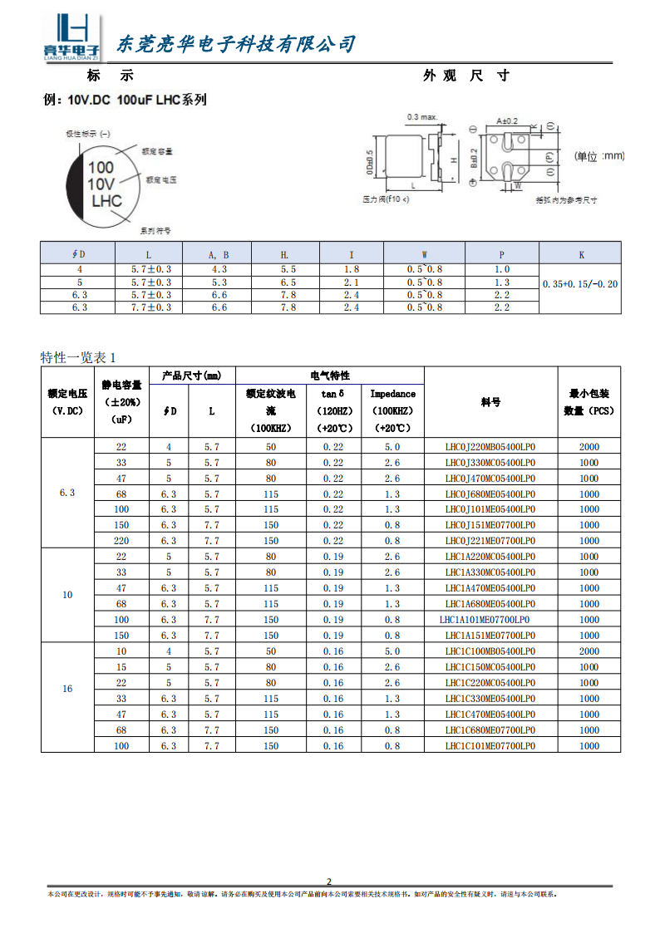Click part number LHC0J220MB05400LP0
(x=490, y=446)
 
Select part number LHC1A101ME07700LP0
(x=485, y=620)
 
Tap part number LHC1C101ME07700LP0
(x=490, y=746)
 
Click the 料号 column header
(x=490, y=402)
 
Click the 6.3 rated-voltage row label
(x=67, y=493)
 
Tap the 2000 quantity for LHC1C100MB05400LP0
(x=589, y=651)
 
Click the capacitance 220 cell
(x=121, y=541)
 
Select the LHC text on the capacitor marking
(x=106, y=201)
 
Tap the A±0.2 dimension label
(x=506, y=120)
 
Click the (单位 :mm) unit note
(x=599, y=156)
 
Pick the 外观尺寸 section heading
(x=465, y=76)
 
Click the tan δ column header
(x=327, y=393)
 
